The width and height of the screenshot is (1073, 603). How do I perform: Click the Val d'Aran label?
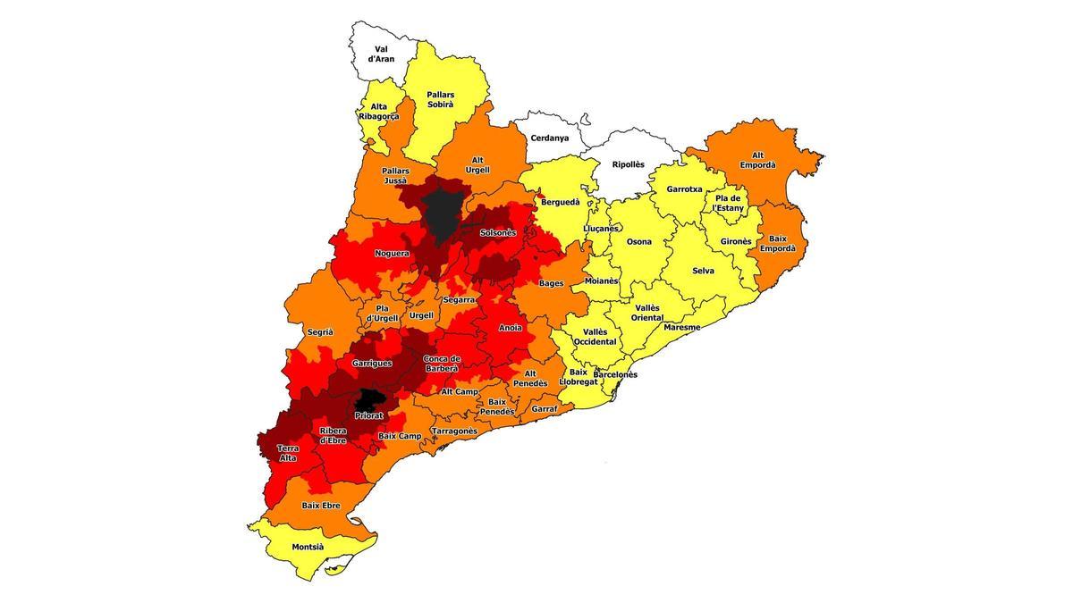point(381,54)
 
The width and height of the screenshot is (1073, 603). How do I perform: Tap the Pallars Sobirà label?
point(440,99)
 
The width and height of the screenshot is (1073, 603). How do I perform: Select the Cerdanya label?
point(549,138)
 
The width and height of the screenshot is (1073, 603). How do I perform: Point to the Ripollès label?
point(628,164)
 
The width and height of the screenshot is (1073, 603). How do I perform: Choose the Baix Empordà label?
point(777,244)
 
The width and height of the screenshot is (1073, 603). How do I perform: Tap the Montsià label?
point(309,547)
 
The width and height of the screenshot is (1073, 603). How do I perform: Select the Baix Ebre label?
point(320,506)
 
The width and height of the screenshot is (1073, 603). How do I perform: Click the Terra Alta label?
point(288,453)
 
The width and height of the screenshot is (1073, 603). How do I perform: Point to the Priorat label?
point(368,415)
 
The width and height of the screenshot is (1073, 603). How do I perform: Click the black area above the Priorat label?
point(368,399)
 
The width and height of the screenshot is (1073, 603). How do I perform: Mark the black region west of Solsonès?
point(440,213)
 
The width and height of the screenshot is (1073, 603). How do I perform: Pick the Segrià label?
point(320,331)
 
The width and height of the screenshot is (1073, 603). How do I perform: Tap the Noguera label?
point(392,254)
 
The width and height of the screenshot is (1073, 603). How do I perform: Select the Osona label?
point(638,242)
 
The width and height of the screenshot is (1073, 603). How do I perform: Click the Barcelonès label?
point(615,374)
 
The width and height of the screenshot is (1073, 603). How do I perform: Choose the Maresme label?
point(681,327)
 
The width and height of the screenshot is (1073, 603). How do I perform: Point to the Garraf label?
point(544,408)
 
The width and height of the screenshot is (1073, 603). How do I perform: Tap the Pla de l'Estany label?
point(728,203)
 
